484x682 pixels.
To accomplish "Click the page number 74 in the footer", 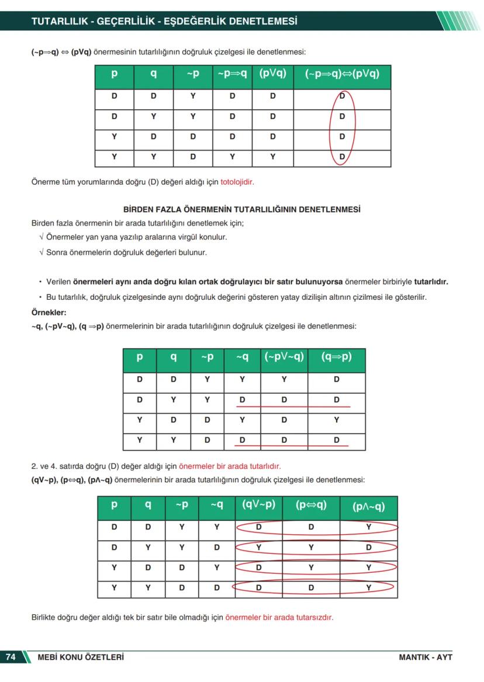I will click(x=11, y=657).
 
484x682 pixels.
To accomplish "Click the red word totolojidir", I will click(x=237, y=182).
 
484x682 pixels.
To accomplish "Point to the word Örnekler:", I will click(x=49, y=312).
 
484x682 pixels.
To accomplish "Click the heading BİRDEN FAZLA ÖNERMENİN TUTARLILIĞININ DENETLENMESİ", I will click(x=242, y=209).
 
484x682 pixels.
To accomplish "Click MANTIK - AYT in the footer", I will click(x=426, y=657).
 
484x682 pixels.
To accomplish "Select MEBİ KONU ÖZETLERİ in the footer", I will click(x=81, y=657).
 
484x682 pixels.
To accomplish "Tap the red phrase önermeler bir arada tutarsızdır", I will click(x=279, y=617).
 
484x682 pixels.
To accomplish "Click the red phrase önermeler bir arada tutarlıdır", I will click(x=230, y=466).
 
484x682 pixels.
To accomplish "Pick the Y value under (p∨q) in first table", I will click(x=272, y=157).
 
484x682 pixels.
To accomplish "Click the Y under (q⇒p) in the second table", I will click(x=336, y=420).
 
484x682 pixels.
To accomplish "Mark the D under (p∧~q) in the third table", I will click(x=368, y=548).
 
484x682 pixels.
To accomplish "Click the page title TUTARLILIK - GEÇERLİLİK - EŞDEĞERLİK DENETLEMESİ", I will click(x=164, y=22).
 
